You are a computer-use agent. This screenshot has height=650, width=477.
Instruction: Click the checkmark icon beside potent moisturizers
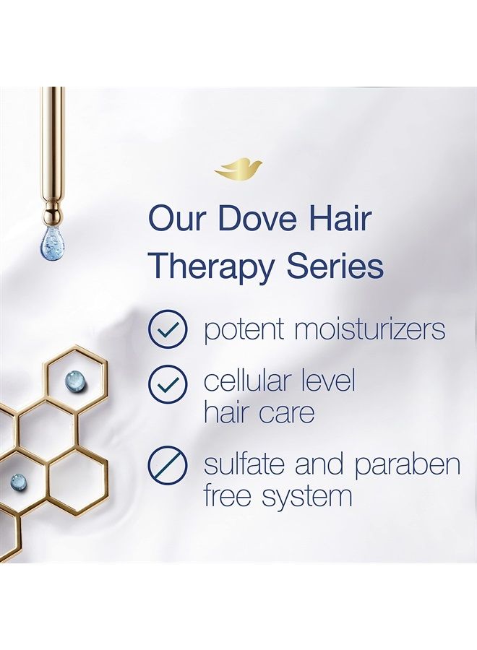(x=168, y=329)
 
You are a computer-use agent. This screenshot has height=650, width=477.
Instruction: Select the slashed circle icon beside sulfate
(x=168, y=465)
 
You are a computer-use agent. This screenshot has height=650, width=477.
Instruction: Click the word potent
(x=242, y=330)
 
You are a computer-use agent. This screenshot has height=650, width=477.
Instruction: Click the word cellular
(x=248, y=381)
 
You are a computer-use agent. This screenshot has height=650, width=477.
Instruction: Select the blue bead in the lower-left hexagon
(x=17, y=480)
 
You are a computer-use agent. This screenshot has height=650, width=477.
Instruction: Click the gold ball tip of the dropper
(x=53, y=214)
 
